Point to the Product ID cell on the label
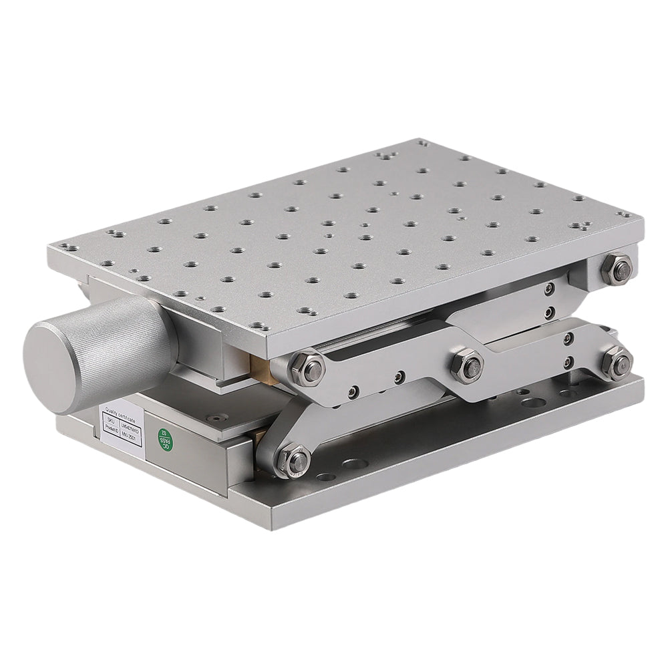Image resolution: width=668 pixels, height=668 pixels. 112,433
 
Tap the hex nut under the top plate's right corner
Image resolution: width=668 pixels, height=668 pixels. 615,266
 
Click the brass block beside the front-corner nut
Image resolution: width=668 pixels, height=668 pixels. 259,365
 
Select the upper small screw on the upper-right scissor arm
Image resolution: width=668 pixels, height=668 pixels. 548,289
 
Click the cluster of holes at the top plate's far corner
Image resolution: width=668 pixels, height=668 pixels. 384,156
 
